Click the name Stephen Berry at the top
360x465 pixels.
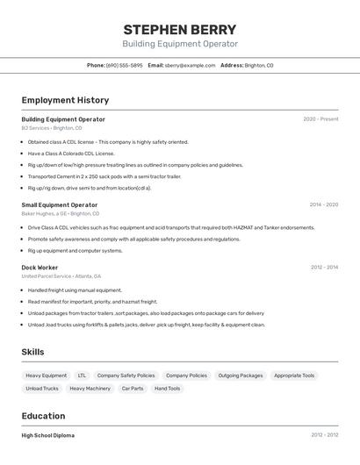click(x=179, y=29)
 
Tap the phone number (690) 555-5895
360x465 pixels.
click(x=124, y=65)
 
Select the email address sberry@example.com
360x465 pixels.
click(x=190, y=65)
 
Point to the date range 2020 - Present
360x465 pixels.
click(x=320, y=119)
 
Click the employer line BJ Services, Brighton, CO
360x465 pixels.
click(x=52, y=128)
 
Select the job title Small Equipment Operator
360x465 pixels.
click(x=60, y=204)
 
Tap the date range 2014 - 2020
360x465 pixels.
click(x=323, y=204)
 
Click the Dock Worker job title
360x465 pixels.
click(x=40, y=267)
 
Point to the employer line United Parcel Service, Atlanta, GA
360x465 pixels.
click(x=61, y=276)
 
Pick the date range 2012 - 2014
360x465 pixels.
click(x=323, y=267)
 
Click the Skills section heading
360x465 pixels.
click(x=33, y=352)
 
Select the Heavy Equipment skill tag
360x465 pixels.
click(x=46, y=376)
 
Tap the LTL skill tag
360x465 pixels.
click(x=82, y=376)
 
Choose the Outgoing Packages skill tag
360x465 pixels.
click(x=240, y=376)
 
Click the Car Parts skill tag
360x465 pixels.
click(x=133, y=388)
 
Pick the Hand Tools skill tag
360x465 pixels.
click(x=167, y=388)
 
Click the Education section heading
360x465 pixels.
click(x=43, y=416)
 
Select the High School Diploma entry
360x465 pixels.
click(x=48, y=435)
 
